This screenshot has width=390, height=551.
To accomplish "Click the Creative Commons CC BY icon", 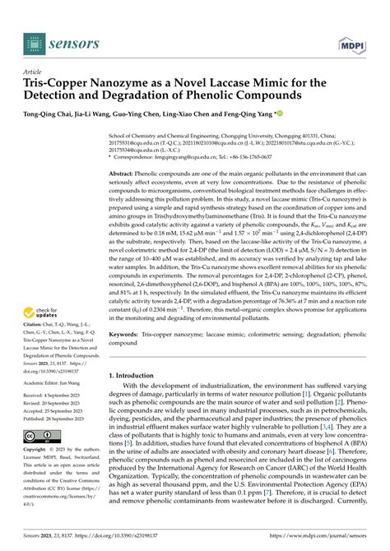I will [x=40, y=435].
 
